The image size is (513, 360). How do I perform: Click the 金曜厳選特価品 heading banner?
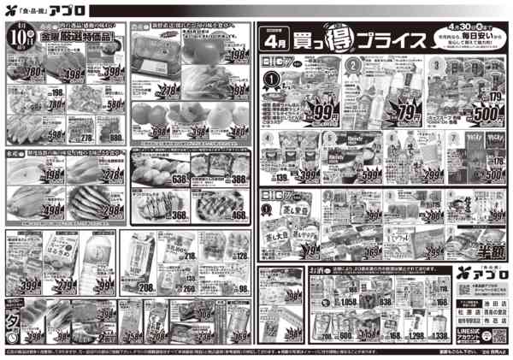76,38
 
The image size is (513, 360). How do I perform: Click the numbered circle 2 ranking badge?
351,65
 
